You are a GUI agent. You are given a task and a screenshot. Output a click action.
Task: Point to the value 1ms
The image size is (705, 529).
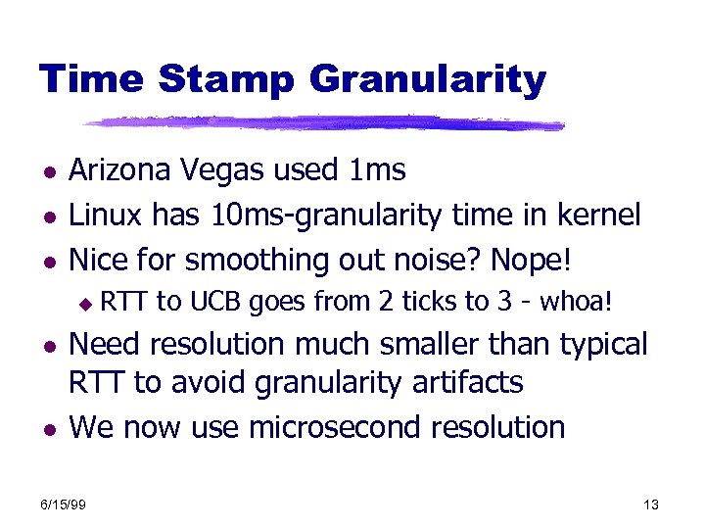coord(377,170)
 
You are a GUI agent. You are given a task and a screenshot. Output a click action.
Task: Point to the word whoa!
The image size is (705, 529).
coord(576,303)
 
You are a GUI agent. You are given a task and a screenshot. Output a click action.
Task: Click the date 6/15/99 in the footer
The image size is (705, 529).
coord(64,505)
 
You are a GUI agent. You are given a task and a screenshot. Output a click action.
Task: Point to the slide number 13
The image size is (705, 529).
coord(651,505)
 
